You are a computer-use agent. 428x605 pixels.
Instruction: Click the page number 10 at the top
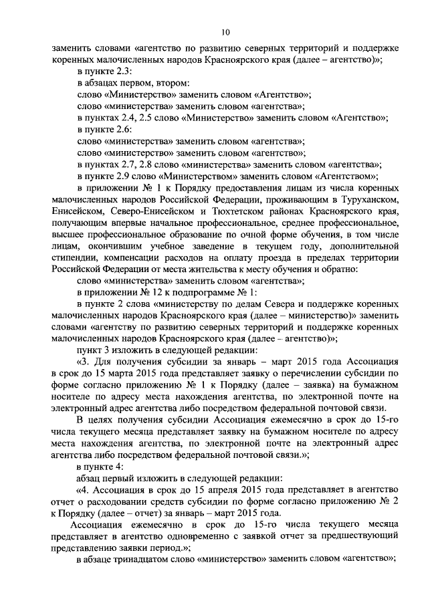[225, 31]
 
